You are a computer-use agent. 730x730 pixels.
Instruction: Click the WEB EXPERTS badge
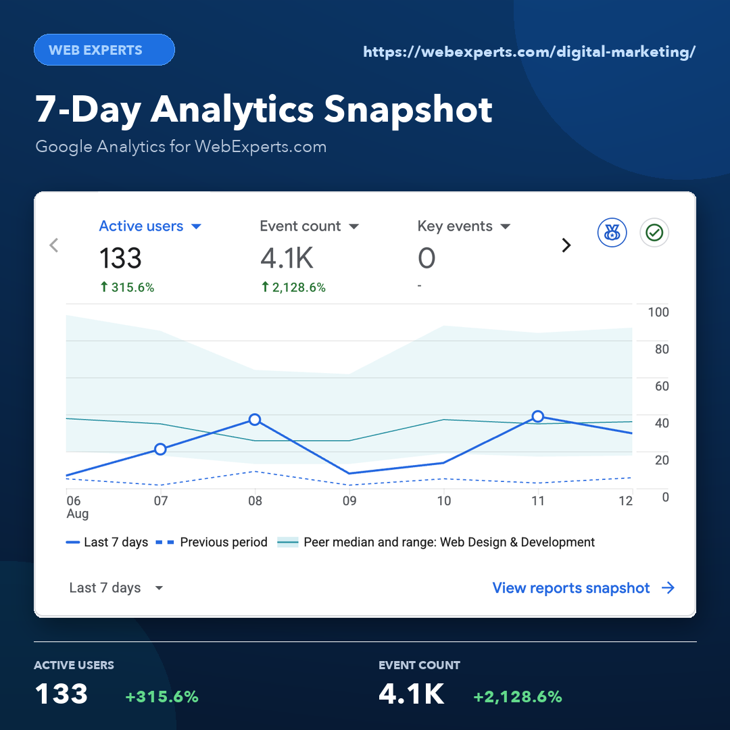[x=104, y=50]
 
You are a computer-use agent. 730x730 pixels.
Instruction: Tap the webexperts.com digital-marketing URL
[x=529, y=51]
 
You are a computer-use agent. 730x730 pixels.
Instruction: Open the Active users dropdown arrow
[x=197, y=226]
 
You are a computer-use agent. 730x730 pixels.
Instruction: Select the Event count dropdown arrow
[x=354, y=226]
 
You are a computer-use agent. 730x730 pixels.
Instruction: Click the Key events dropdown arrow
[x=505, y=226]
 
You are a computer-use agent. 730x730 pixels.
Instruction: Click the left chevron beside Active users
[x=54, y=245]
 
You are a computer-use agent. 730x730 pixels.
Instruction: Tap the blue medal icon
[x=612, y=233]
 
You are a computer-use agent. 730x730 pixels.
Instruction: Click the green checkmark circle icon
[x=654, y=233]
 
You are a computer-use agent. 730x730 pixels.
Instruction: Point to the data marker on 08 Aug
[x=255, y=420]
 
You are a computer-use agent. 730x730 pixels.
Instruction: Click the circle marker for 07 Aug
[x=160, y=449]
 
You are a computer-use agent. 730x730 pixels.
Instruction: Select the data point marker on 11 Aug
[x=538, y=416]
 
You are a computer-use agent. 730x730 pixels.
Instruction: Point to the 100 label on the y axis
[x=658, y=312]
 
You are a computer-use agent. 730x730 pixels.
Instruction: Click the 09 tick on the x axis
[x=349, y=501]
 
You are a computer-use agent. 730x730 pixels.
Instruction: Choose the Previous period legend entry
[x=212, y=542]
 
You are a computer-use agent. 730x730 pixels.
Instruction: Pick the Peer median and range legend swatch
[x=288, y=542]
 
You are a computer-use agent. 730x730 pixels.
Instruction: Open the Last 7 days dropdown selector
[x=116, y=587]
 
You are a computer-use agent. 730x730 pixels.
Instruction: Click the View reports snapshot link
[x=583, y=588]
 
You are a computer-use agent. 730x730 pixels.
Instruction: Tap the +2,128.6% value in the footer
[x=518, y=696]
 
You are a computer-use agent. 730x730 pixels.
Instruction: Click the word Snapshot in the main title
[x=408, y=110]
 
